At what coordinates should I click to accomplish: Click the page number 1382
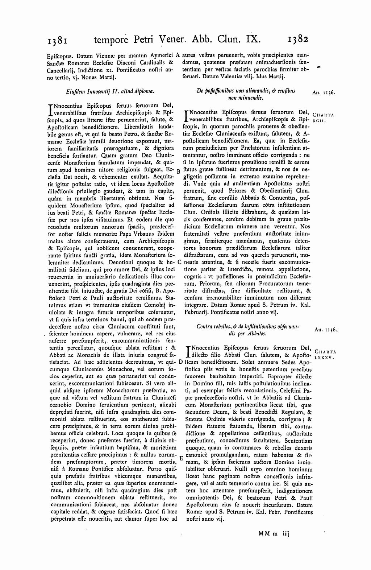pos(298,38)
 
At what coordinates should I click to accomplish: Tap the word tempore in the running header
pos(110,39)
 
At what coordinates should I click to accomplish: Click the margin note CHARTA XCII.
pos(322,117)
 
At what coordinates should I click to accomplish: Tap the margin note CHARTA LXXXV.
pos(325,354)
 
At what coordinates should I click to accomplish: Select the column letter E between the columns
pos(180,458)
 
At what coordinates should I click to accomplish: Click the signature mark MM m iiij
pos(273,533)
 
